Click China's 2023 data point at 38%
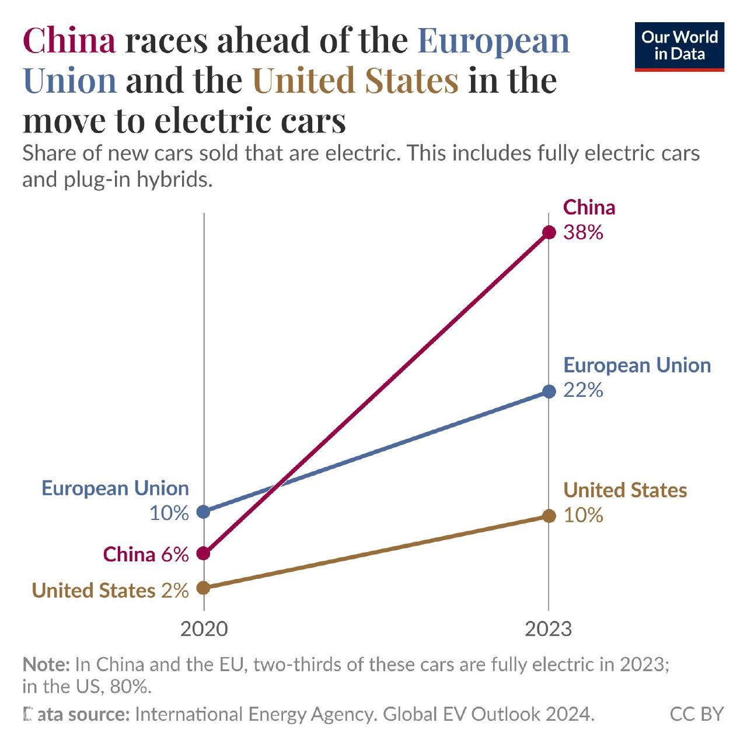tap(549, 232)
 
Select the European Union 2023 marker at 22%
tap(549, 391)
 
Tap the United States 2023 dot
tap(549, 515)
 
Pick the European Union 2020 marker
tap(203, 512)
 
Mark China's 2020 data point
tap(203, 553)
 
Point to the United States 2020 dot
tap(203, 588)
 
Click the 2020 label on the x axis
tap(204, 629)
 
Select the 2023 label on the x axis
tap(548, 629)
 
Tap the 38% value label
tap(583, 233)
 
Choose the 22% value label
tap(583, 390)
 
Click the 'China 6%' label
tap(146, 554)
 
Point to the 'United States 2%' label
tap(110, 590)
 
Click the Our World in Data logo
tap(679, 47)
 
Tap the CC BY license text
tap(696, 714)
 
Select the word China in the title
tap(69, 41)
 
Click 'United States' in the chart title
tap(355, 81)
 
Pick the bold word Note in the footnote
tap(46, 664)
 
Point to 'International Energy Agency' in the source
tap(254, 714)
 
